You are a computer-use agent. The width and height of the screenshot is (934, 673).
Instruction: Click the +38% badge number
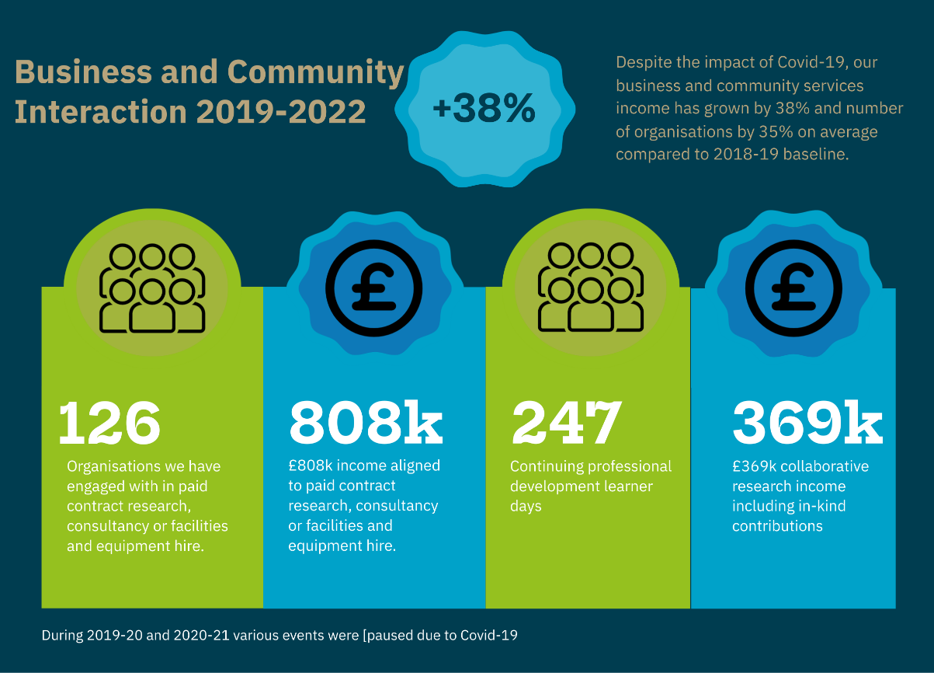pyautogui.click(x=484, y=109)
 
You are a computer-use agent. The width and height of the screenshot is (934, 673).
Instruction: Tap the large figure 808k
pyautogui.click(x=365, y=423)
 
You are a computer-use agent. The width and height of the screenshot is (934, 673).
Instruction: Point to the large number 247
pyautogui.click(x=567, y=423)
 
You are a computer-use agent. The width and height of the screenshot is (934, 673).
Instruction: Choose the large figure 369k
pyautogui.click(x=807, y=423)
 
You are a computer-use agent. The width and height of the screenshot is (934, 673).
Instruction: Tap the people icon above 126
pyautogui.click(x=152, y=288)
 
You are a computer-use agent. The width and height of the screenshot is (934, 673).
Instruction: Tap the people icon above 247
pyautogui.click(x=591, y=288)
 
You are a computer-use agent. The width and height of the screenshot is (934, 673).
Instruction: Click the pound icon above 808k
pyautogui.click(x=373, y=288)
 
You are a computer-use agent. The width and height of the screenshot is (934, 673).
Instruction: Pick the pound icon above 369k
pyautogui.click(x=794, y=288)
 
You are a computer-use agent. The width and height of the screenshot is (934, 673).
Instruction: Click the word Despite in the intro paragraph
pyautogui.click(x=644, y=62)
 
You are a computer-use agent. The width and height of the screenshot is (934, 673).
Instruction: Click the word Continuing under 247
pyautogui.click(x=546, y=466)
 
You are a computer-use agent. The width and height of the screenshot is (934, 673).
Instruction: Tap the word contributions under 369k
pyautogui.click(x=777, y=526)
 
